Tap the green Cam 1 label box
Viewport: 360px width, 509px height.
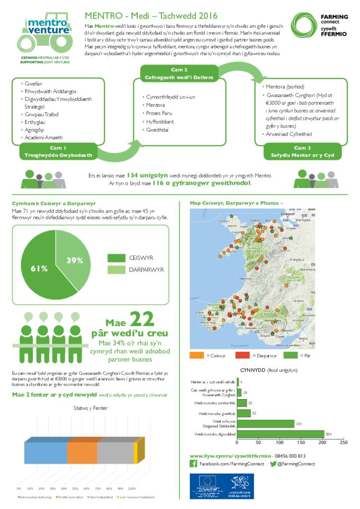(58, 152)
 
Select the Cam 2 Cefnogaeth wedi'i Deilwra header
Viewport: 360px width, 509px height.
(179, 74)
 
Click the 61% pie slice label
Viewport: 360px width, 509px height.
(39, 268)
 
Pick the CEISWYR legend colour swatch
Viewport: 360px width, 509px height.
(116, 258)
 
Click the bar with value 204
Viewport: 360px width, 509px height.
(280, 434)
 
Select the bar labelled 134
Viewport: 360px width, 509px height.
(266, 424)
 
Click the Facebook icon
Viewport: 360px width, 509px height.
(193, 464)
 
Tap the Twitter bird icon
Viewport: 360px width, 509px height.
(273, 464)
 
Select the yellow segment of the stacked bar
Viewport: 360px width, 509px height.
(135, 453)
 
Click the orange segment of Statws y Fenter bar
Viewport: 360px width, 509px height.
(82, 453)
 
